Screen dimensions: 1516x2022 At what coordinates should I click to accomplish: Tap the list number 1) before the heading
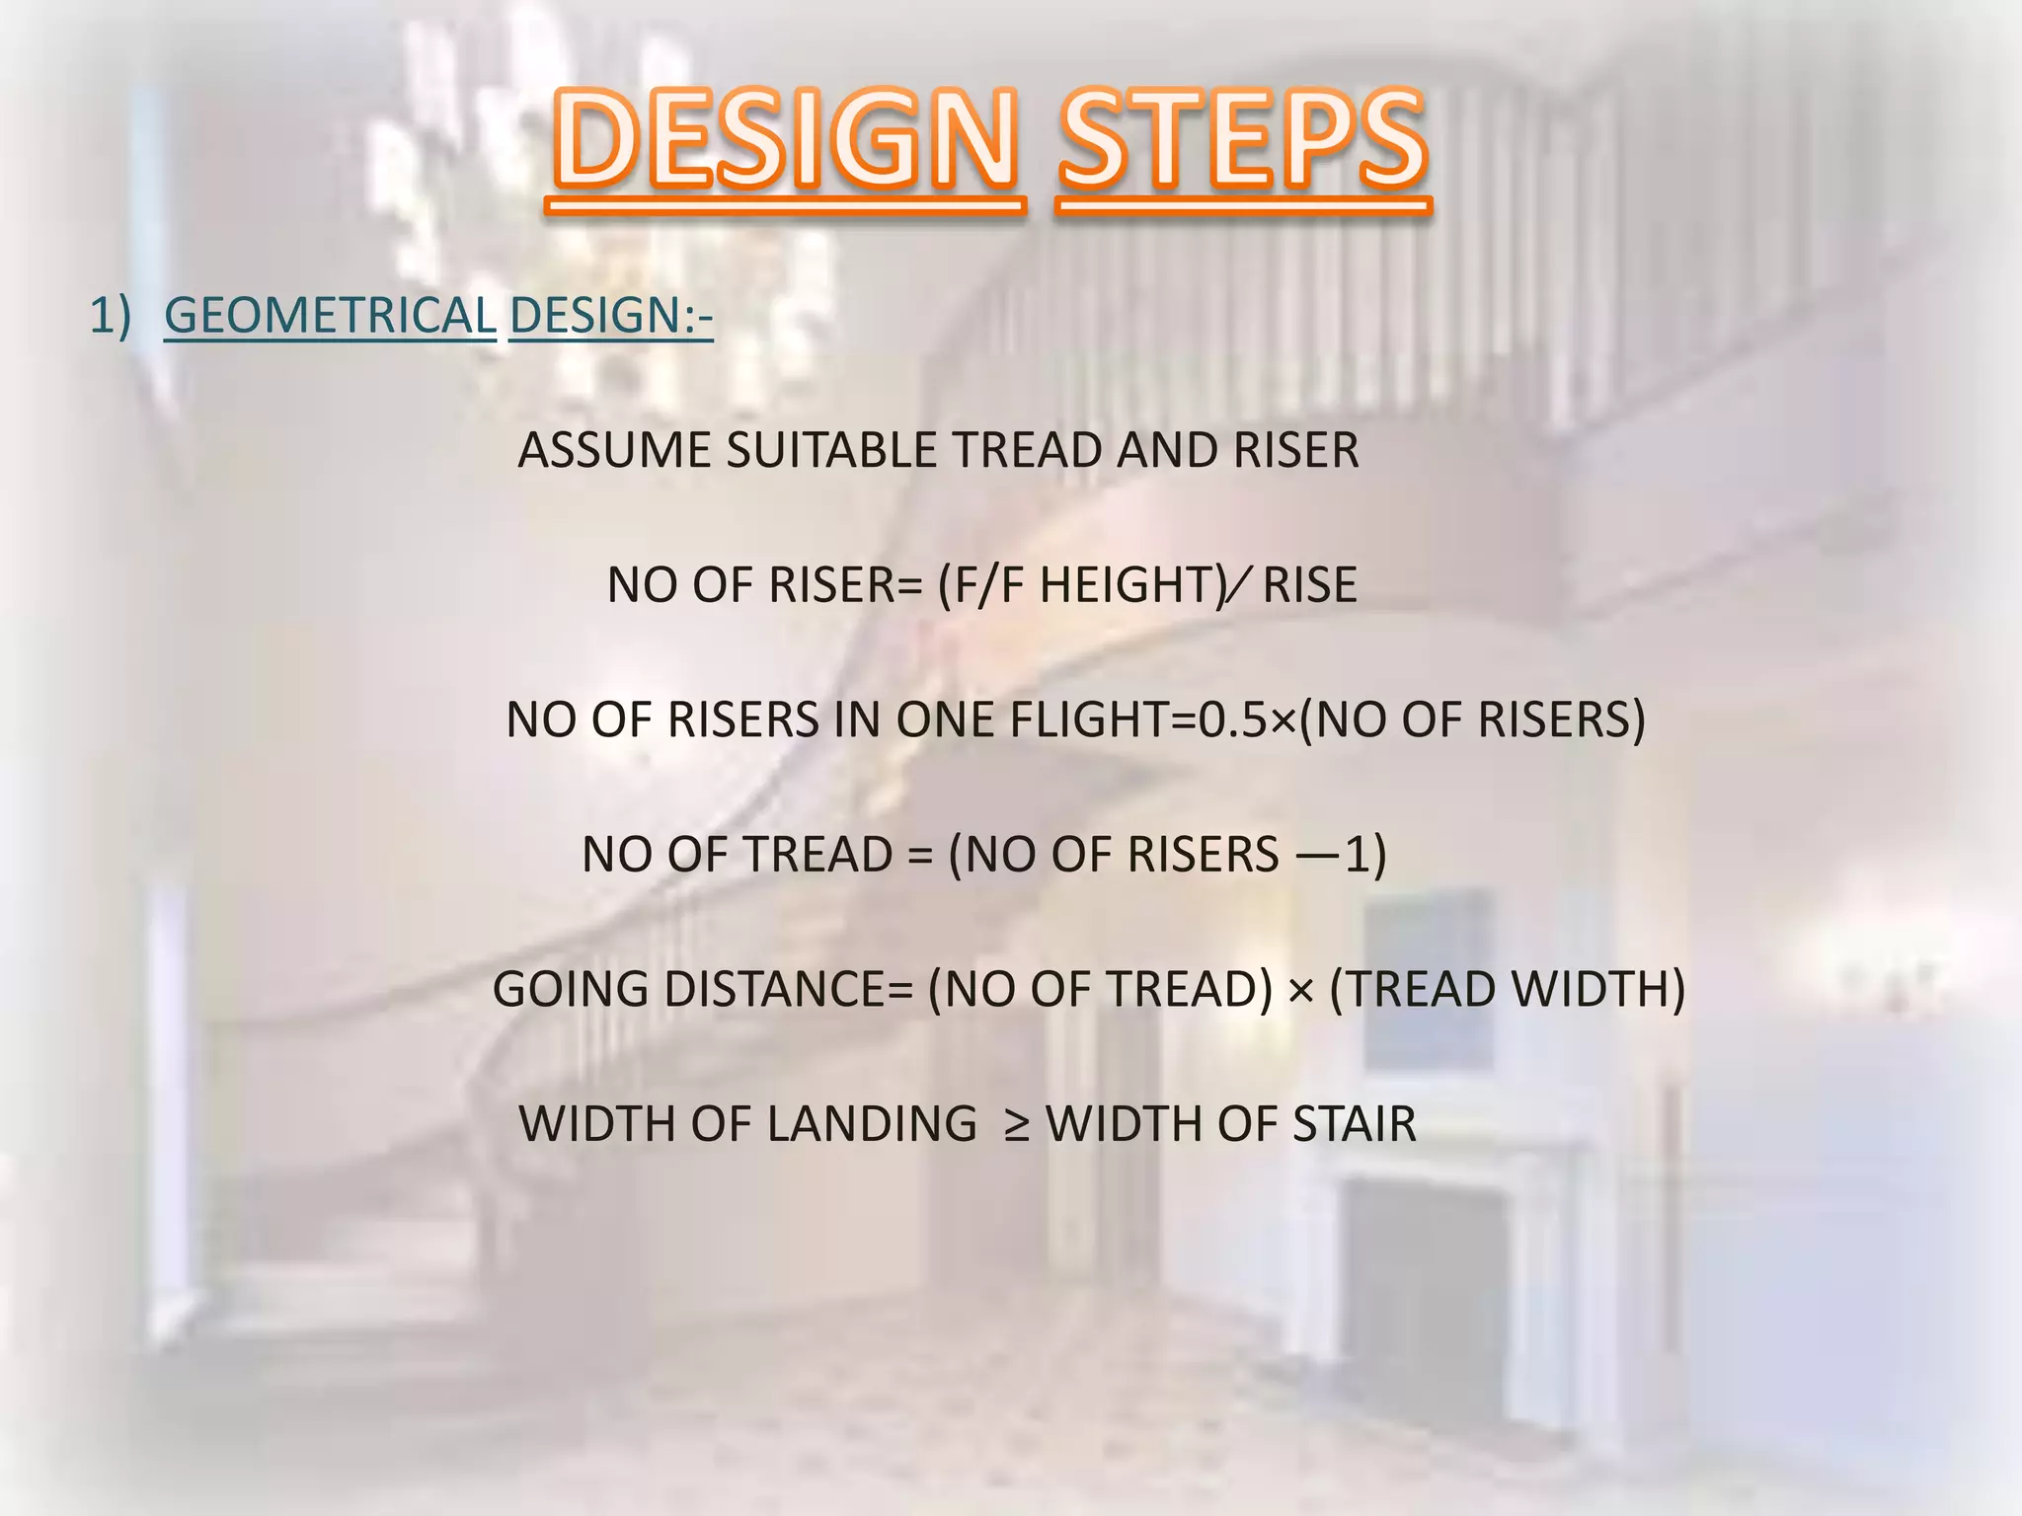pos(110,316)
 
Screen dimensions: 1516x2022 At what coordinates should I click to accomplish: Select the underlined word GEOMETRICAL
pos(330,316)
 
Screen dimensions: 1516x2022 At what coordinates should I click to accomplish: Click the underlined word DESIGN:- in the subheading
pos(610,316)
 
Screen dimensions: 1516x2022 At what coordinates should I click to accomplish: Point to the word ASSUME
pos(614,451)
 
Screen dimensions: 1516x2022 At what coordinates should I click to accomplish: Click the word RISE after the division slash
pos(1309,585)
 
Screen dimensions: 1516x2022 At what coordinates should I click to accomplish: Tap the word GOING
pos(570,990)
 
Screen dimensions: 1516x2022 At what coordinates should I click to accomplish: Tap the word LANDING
pos(872,1124)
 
